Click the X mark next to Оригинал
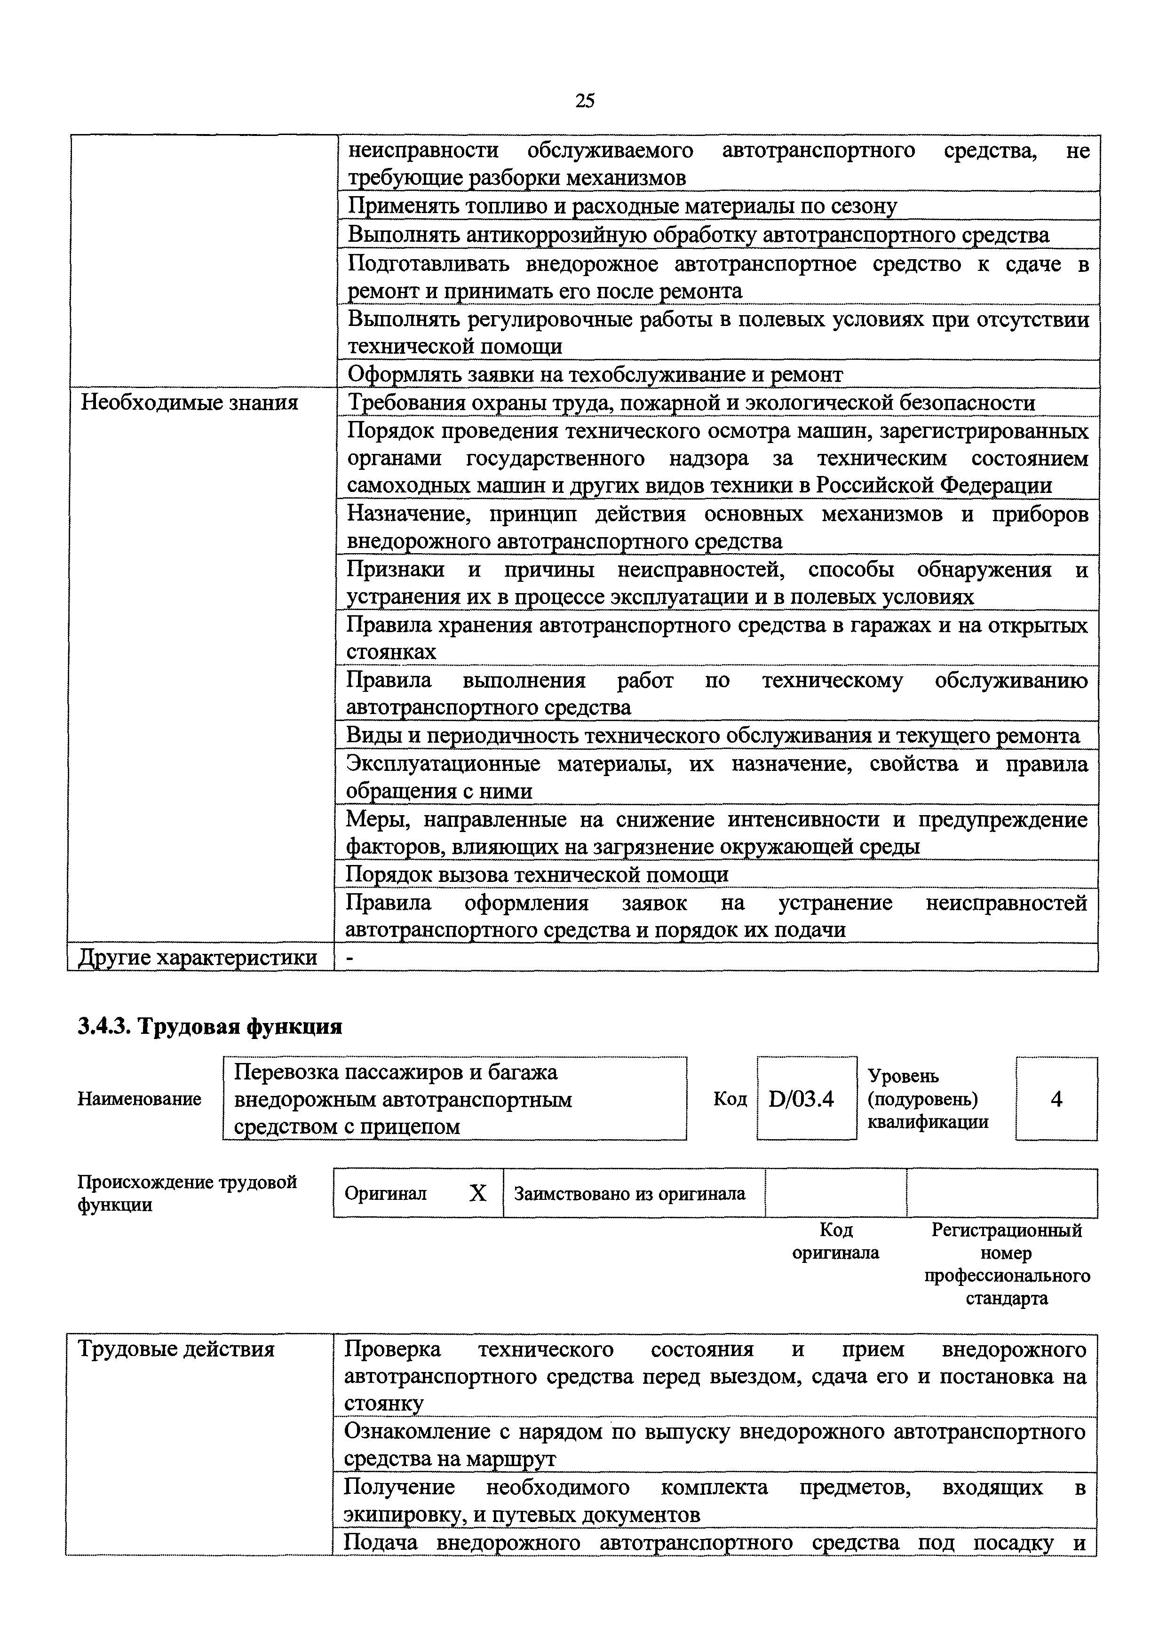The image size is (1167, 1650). click(478, 1194)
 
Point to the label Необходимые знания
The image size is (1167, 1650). click(189, 403)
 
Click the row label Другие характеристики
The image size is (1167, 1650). click(198, 957)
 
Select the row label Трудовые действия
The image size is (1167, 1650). click(176, 1349)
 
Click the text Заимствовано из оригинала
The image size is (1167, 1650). click(629, 1194)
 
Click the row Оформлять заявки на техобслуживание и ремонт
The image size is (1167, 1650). click(595, 374)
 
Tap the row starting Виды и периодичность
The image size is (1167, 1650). click(712, 736)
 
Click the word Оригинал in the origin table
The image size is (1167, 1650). click(385, 1194)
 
